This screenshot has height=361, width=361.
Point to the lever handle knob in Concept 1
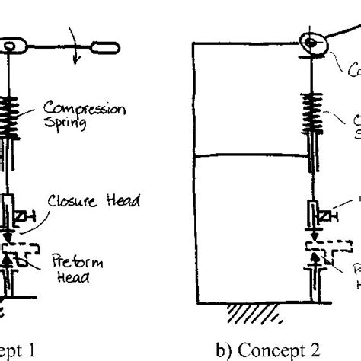pos(102,49)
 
